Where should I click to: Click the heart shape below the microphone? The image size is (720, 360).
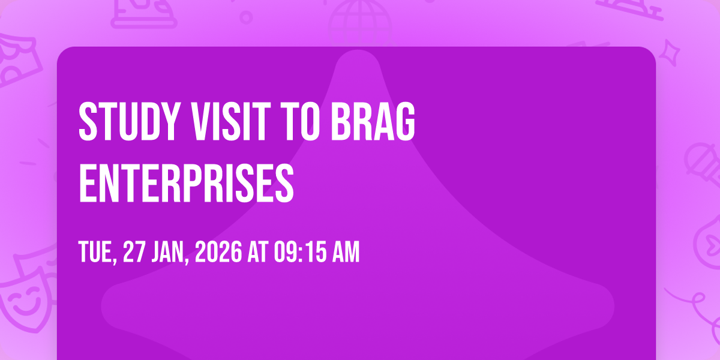pos(708,240)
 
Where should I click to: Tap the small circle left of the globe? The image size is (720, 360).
pos(245,17)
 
